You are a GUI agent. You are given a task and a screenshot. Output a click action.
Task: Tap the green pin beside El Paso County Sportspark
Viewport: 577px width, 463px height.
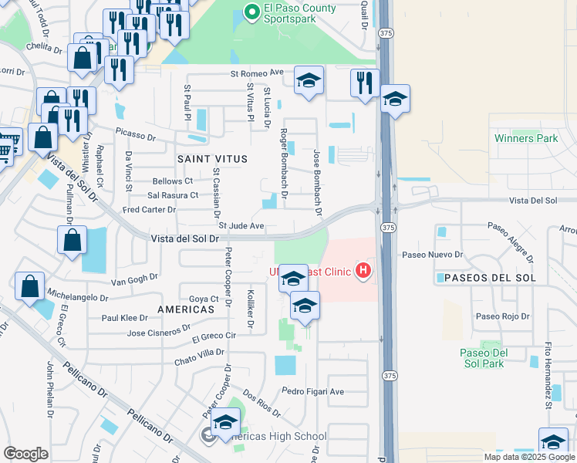point(251,12)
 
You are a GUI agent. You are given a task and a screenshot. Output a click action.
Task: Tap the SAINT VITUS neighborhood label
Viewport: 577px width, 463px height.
point(213,159)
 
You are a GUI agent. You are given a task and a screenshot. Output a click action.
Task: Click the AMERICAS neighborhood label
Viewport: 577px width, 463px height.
point(185,309)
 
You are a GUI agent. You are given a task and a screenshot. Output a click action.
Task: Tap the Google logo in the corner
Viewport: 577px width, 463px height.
point(25,453)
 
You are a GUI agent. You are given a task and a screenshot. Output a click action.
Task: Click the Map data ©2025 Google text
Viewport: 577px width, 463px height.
point(529,457)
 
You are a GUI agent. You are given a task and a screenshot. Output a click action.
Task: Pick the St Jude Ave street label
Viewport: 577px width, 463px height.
point(241,226)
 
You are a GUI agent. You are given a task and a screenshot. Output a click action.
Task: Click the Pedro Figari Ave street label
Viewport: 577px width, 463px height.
point(312,391)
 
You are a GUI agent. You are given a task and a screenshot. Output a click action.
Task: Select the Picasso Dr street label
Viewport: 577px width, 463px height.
point(137,133)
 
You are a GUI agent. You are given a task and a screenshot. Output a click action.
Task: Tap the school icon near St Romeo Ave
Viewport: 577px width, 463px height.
point(309,80)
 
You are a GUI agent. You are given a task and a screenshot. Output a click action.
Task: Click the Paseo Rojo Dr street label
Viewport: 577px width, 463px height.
point(503,316)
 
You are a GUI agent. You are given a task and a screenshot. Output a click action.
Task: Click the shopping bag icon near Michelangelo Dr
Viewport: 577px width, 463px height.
point(29,287)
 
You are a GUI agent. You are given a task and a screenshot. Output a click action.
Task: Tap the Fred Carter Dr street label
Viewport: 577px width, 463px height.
point(149,209)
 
